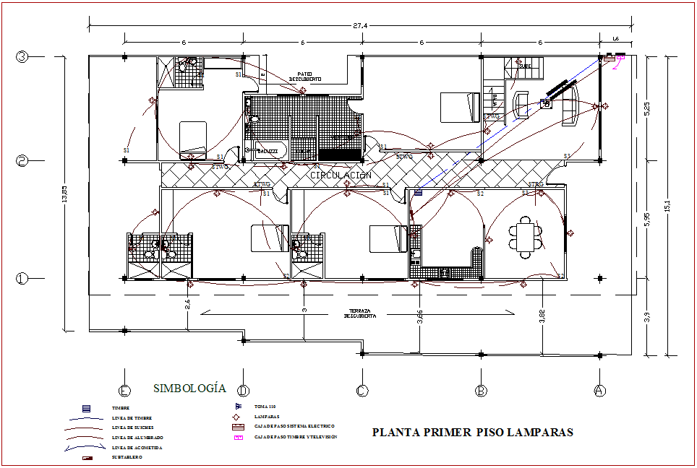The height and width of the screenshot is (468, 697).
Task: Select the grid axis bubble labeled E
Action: pos(125,391)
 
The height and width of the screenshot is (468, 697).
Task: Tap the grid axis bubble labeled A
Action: pos(599,391)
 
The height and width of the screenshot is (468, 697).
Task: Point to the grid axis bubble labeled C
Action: pos(362,391)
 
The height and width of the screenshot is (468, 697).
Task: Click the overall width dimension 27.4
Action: pos(360,25)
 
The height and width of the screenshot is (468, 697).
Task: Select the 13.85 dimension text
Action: pos(64,194)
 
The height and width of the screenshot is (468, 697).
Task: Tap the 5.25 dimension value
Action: pos(647,108)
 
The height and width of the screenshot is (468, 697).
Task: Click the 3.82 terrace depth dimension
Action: pos(541,316)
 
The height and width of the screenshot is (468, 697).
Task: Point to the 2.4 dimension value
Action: pos(187,303)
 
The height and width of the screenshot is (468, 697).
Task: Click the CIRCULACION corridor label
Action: pos(341,175)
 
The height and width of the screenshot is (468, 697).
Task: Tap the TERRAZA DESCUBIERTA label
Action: pos(359,313)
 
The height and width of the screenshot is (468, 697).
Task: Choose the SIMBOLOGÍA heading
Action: pos(189,389)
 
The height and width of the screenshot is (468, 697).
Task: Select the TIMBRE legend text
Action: pos(121,409)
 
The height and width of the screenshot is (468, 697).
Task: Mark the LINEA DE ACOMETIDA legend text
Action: pos(137,448)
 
